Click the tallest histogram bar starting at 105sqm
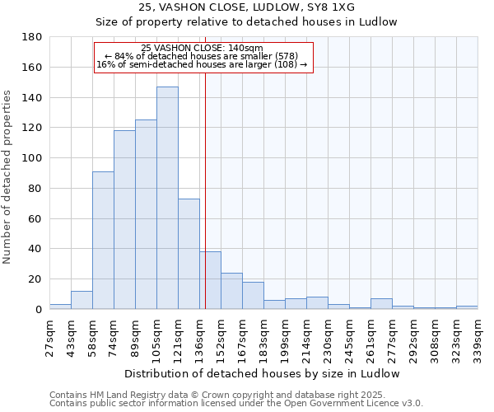tap(167, 198)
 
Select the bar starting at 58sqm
tap(103, 240)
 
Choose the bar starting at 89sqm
tap(146, 214)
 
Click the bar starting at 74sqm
tap(124, 219)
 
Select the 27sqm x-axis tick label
tap(50, 335)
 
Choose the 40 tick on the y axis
tap(36, 249)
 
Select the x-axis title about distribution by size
tap(263, 373)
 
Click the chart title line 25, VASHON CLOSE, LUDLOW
tap(246, 7)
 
